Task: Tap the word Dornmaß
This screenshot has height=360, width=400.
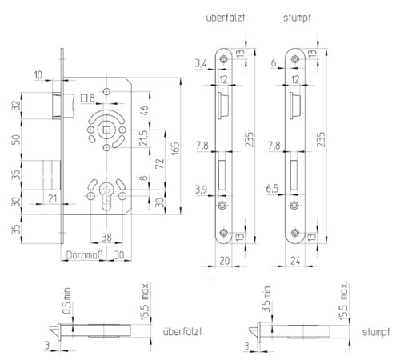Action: (84, 255)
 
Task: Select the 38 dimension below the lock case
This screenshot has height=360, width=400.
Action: (106, 237)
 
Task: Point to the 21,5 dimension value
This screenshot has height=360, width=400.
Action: (144, 138)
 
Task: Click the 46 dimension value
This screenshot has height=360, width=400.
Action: (144, 110)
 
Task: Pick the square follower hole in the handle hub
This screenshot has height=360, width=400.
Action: (106, 130)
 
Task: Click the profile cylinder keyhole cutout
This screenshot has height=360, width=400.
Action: (106, 196)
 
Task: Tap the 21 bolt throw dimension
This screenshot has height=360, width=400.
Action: (53, 198)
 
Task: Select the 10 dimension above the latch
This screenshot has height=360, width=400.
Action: (38, 75)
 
